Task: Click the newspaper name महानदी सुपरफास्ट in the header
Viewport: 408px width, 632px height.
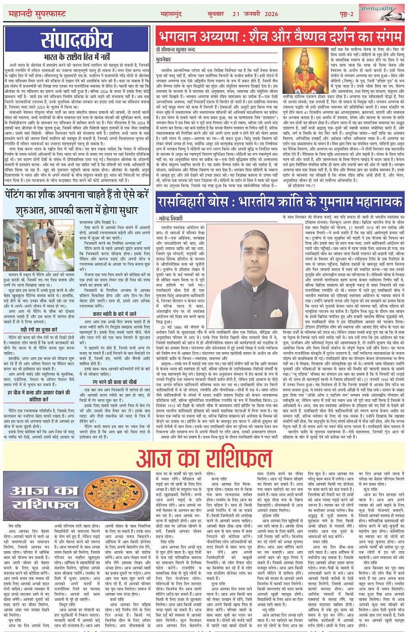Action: pyautogui.click(x=37, y=14)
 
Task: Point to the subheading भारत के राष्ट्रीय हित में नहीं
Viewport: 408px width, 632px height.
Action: pyautogui.click(x=76, y=57)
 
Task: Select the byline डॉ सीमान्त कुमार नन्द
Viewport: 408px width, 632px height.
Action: pyautogui.click(x=176, y=50)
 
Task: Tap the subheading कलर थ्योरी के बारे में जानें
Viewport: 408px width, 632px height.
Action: pyautogui.click(x=114, y=314)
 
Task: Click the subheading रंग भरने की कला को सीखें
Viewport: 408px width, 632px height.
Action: pyautogui.click(x=114, y=382)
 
